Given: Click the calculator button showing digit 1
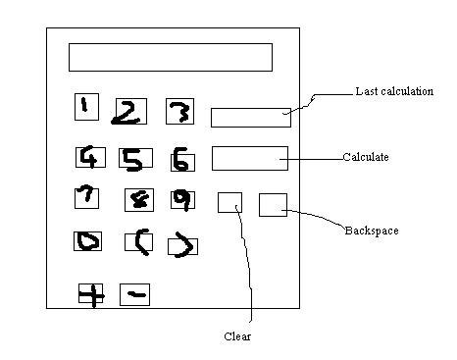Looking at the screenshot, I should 86,106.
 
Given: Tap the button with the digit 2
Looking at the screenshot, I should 129,112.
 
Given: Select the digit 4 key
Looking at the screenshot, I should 90,156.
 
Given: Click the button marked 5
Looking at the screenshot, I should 133,158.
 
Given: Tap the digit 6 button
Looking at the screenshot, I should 182,159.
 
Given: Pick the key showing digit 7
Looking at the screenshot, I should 86,197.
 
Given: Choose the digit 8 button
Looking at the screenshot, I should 138,200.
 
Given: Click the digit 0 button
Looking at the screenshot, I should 89,241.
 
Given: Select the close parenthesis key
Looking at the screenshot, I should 182,245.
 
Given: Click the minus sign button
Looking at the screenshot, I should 134,293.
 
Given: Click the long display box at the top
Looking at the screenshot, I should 170,57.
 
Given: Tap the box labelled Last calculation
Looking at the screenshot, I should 251,117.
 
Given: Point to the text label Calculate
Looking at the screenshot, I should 367,157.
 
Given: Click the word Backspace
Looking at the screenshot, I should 371,231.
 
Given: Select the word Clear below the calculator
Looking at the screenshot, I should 237,336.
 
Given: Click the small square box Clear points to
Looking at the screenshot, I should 229,202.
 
